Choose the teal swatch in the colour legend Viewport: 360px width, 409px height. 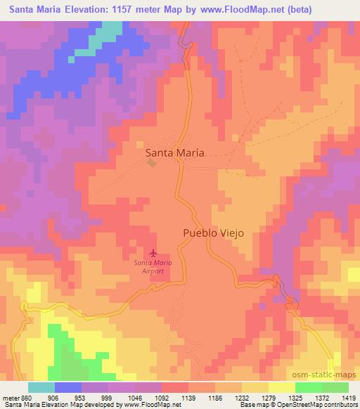click(x=41, y=387)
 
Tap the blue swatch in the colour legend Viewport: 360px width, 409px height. click(x=69, y=387)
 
